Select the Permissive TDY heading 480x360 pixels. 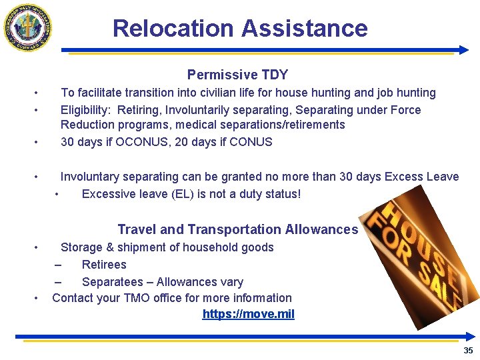[237, 75]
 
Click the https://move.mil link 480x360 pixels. [248, 314]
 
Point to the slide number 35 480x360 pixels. [468, 351]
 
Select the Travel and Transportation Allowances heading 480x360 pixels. [237, 229]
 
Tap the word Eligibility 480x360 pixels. [85, 110]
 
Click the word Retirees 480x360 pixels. [104, 265]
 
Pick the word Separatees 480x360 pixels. [111, 282]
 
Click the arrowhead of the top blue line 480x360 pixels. [464, 50]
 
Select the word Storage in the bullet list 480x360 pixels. [82, 247]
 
